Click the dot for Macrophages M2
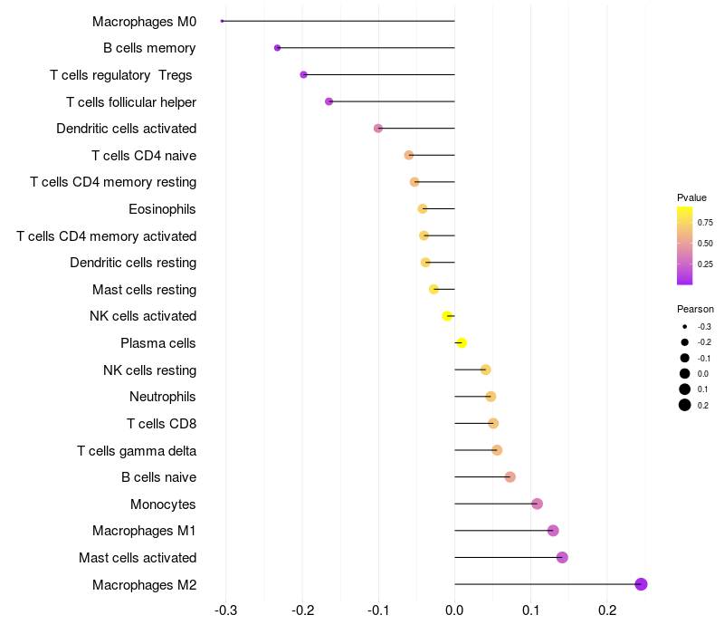pos(641,584)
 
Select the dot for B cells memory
pos(277,48)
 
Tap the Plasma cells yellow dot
pos(462,343)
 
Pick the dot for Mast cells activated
pos(562,557)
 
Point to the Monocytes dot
pos(537,504)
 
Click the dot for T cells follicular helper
pos(329,101)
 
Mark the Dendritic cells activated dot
pos(378,129)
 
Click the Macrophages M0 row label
pos(144,21)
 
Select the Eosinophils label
pos(162,209)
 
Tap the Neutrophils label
pos(163,397)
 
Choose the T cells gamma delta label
pos(137,450)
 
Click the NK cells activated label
pos(143,316)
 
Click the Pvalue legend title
pos(691,197)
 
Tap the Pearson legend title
pos(695,309)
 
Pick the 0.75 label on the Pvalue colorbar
pos(705,222)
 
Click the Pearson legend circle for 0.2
pos(685,405)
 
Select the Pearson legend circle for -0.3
pos(685,326)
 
